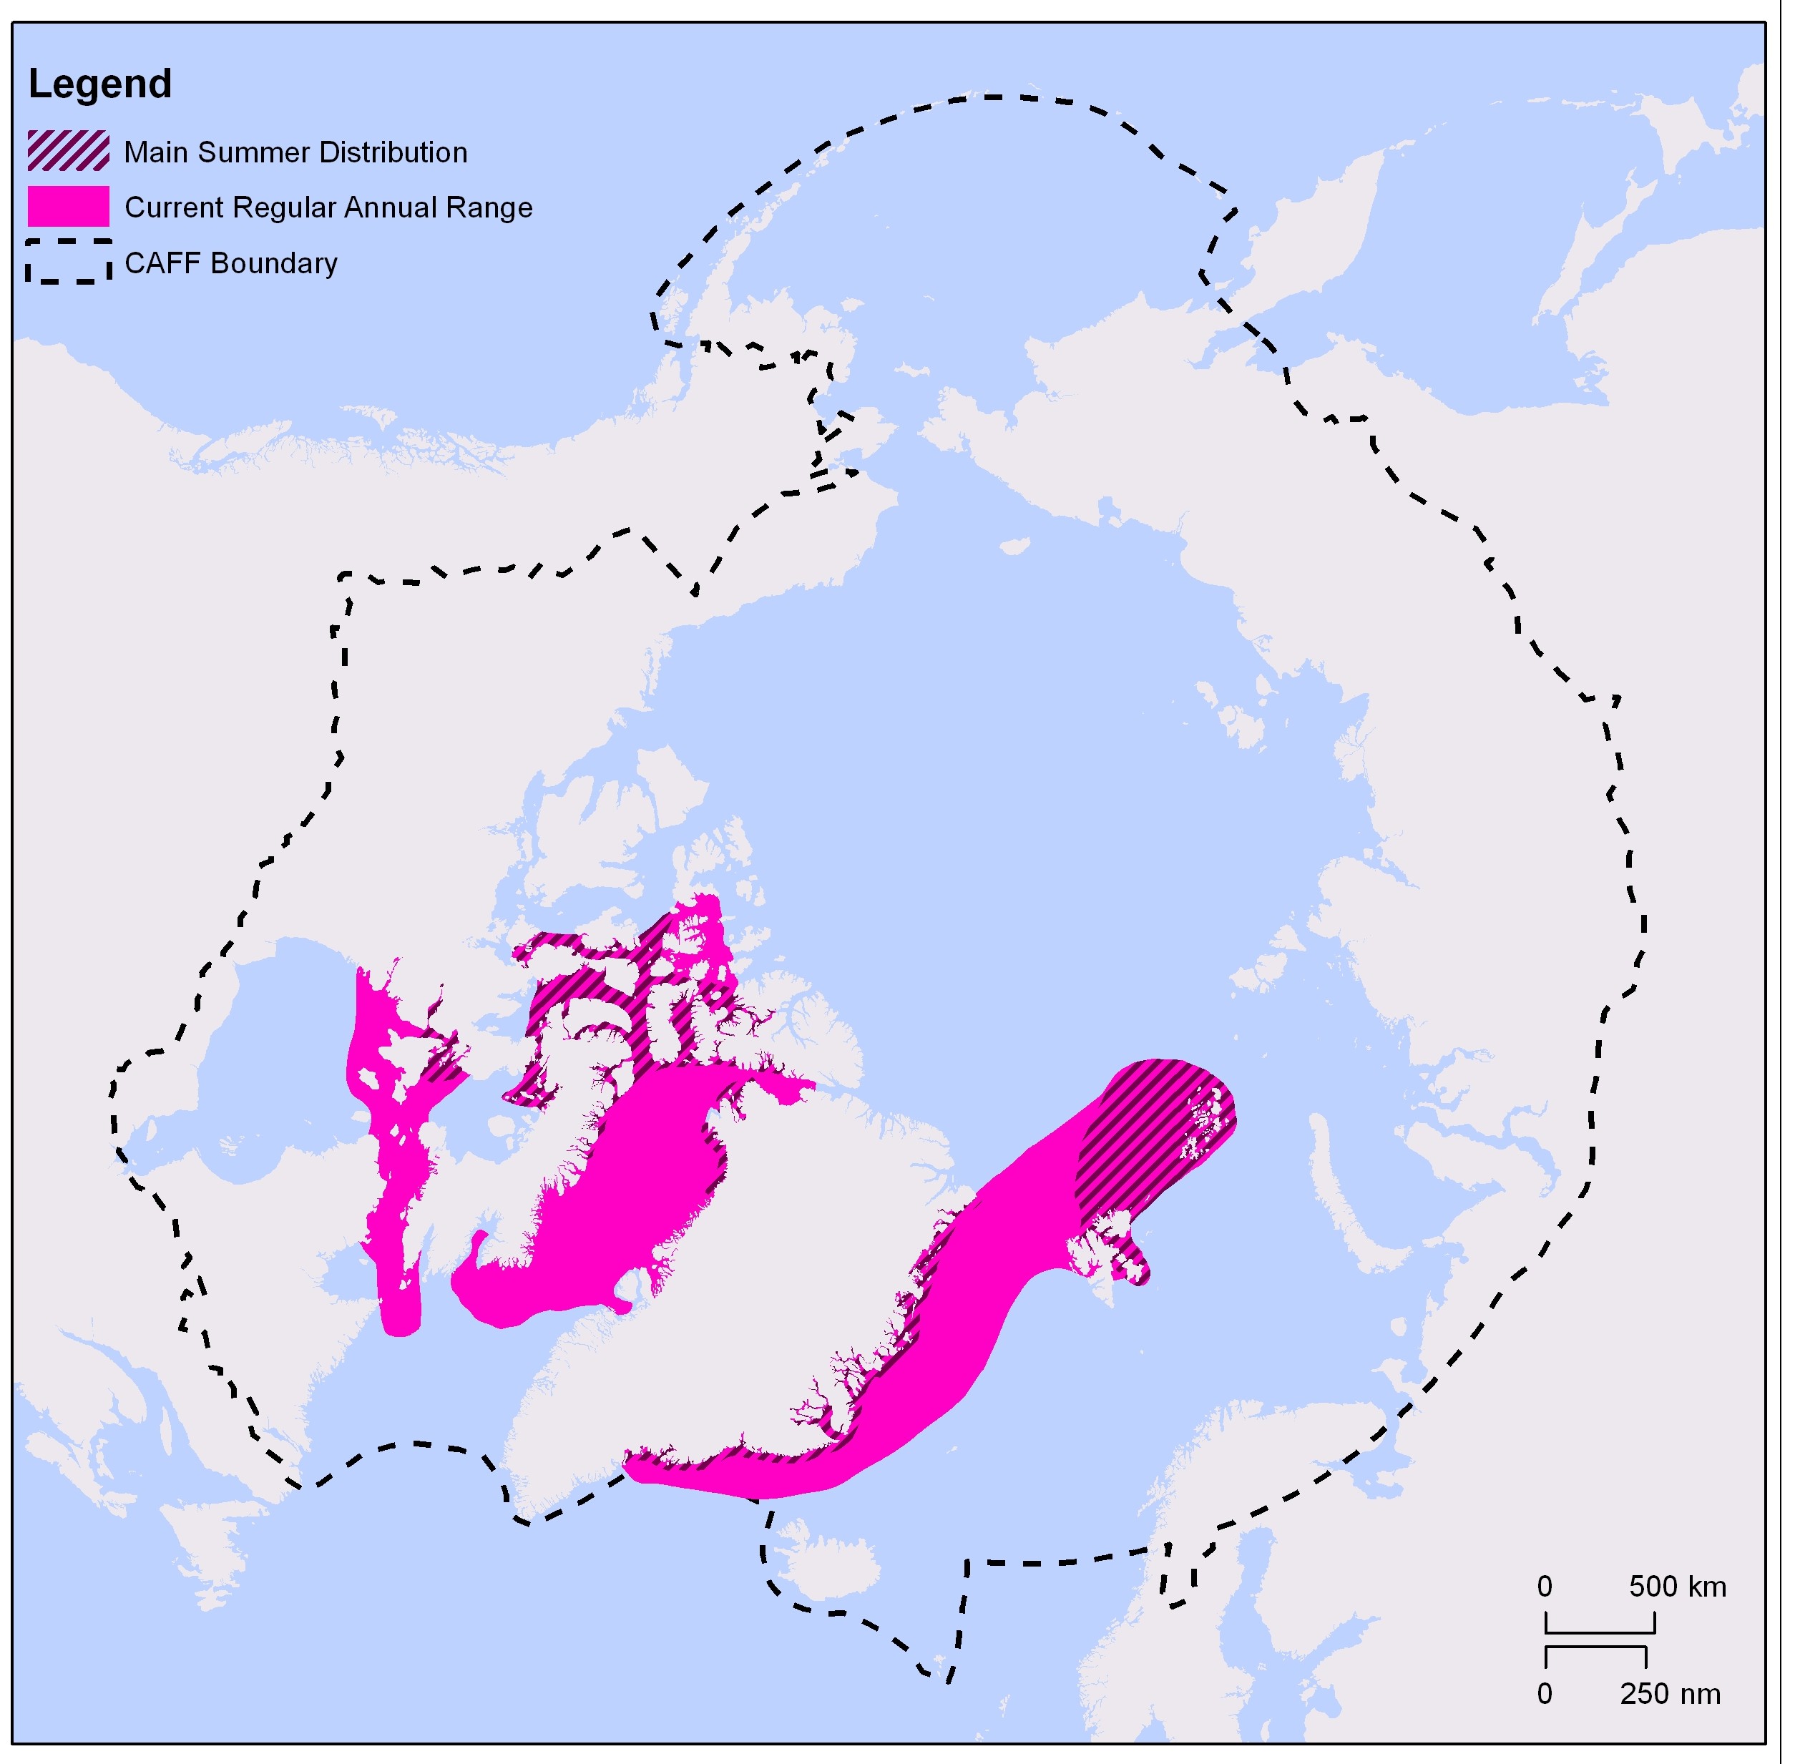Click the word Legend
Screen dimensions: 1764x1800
click(100, 84)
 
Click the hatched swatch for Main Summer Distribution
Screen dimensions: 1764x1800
click(69, 151)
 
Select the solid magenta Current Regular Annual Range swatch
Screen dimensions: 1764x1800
click(69, 207)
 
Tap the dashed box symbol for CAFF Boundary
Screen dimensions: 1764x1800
click(69, 263)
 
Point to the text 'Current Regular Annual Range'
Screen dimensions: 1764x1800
click(328, 207)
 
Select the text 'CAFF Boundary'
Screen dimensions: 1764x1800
click(230, 263)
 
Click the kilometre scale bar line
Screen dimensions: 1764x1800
click(1599, 1632)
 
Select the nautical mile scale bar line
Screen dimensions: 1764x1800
click(1595, 1648)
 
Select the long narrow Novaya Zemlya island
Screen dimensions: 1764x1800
click(1344, 1195)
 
